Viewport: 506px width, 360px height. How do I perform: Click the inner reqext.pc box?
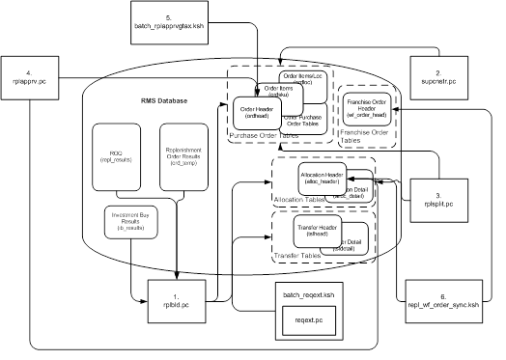tap(308, 319)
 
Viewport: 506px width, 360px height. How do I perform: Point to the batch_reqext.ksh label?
tap(308, 292)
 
